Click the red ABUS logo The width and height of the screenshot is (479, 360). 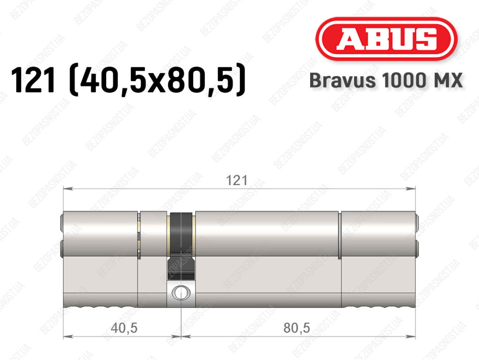point(386,39)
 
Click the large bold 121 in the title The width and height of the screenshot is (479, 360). point(33,81)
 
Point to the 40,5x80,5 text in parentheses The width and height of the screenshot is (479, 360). point(157,81)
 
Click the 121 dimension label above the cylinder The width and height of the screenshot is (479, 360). point(236,180)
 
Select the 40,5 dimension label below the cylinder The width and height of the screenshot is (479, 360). point(124,328)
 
